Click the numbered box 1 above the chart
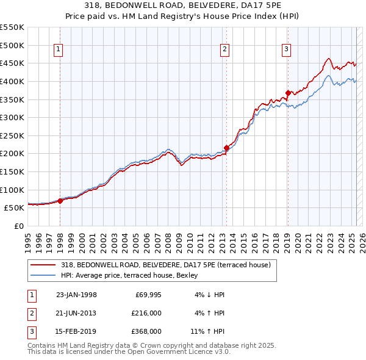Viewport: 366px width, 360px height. (x=59, y=50)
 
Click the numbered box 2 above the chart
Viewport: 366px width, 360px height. (x=224, y=50)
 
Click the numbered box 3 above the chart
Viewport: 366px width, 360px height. (x=286, y=50)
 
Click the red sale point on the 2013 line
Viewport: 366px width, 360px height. (x=226, y=148)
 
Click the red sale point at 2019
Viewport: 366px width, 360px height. (x=288, y=93)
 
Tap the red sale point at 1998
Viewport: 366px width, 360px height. (x=60, y=200)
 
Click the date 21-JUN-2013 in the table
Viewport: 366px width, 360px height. (x=76, y=313)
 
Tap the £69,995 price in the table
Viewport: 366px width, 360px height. (x=146, y=295)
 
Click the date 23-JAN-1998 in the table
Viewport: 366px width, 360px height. (x=76, y=295)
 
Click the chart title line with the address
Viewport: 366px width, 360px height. (x=183, y=6)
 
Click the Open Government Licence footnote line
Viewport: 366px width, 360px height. (x=129, y=352)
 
